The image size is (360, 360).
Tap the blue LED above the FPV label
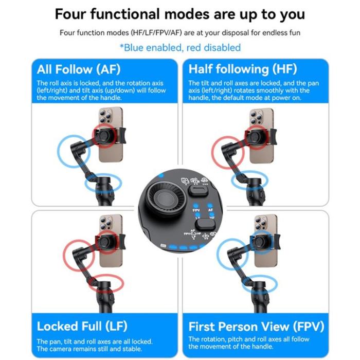pos(196,204)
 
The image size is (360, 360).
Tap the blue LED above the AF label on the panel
pos(210,204)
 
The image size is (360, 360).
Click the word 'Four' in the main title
pos(78,14)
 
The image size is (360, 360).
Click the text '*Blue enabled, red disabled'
pos(180,48)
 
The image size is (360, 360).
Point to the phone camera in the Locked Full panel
pos(105,224)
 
